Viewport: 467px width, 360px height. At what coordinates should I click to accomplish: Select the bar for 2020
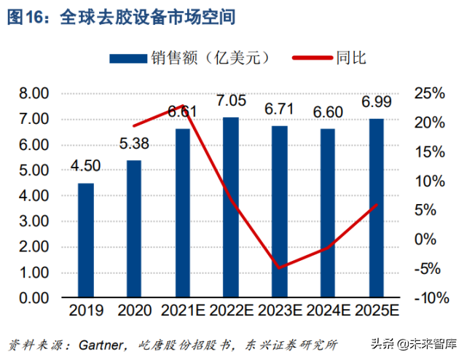[x=134, y=229]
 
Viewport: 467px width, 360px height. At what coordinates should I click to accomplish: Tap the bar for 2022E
[x=230, y=207]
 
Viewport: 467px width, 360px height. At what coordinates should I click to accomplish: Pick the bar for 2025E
[x=375, y=208]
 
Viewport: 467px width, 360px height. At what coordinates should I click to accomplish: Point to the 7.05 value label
[x=230, y=100]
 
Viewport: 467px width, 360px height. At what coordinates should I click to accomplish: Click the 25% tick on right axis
[x=428, y=93]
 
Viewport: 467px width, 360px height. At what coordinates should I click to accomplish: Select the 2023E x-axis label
[x=279, y=312]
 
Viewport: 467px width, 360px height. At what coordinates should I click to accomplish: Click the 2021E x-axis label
[x=182, y=312]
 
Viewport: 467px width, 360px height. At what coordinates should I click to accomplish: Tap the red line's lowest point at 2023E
[x=279, y=268]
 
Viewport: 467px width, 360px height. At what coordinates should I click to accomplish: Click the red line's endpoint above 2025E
[x=375, y=205]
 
